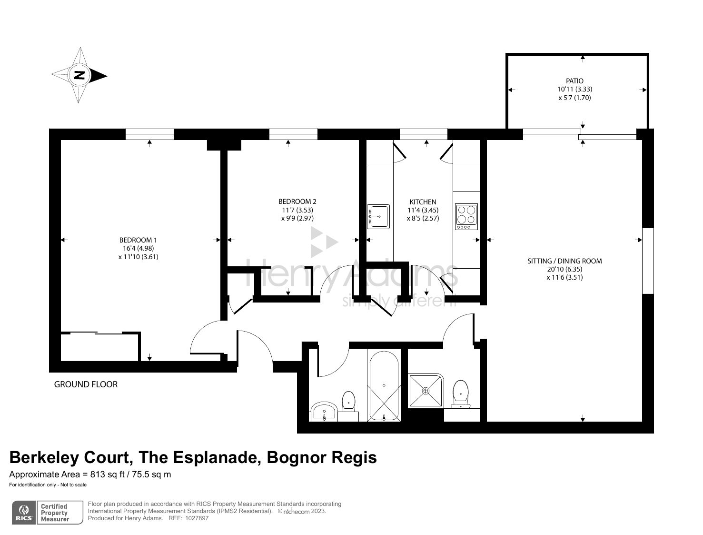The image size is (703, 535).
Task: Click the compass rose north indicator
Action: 79,75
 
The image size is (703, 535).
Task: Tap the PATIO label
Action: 574,81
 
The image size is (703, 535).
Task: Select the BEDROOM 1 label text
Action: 138,240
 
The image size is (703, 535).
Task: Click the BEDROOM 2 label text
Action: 297,202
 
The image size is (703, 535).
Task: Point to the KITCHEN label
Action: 422,202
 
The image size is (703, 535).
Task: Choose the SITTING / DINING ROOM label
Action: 564,261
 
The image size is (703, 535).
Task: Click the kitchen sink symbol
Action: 378,217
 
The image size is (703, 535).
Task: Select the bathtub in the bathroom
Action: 384,386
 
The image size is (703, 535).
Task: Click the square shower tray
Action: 426,391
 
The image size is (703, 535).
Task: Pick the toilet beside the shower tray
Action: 460,393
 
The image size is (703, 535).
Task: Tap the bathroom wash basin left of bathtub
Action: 325,411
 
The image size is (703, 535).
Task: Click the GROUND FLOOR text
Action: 86,384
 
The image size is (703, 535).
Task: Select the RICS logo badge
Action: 24,513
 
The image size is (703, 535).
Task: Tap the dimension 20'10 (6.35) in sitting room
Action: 564,269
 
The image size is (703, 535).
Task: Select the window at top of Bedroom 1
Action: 149,134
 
